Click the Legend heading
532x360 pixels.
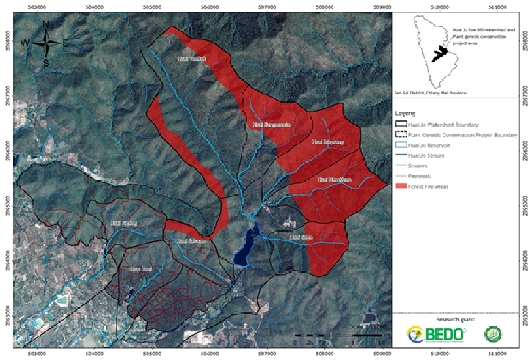click(x=405, y=114)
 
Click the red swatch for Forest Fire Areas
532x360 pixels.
click(x=401, y=186)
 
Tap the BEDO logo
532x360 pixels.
click(x=437, y=334)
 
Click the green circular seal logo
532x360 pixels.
click(x=493, y=334)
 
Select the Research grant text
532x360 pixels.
click(x=454, y=320)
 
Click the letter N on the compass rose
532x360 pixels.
click(x=46, y=24)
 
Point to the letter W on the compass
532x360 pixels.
click(x=26, y=43)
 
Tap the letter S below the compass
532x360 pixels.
click(x=46, y=62)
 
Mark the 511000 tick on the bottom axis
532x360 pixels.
click(x=498, y=354)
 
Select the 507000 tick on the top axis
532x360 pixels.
click(x=268, y=6)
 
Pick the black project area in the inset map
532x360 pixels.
click(x=439, y=54)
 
